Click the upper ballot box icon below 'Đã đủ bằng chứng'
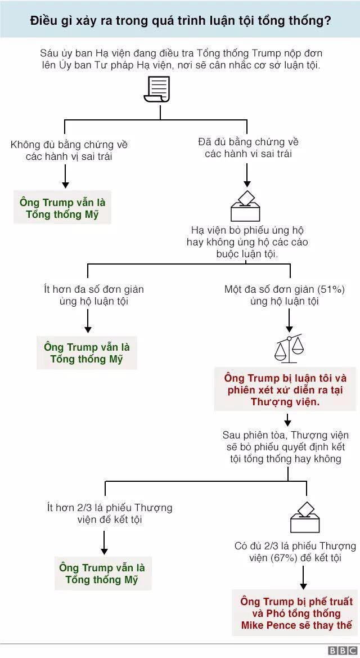click(246, 206)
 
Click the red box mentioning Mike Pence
click(296, 613)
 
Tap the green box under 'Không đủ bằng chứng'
click(62, 208)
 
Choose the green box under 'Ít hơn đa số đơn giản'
click(87, 353)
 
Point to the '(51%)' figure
click(331, 289)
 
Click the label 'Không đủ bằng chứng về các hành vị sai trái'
click(69, 150)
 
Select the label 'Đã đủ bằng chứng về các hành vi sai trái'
click(248, 147)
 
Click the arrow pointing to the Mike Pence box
click(304, 577)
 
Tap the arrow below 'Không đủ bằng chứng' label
click(65, 176)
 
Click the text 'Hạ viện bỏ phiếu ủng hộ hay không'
click(247, 242)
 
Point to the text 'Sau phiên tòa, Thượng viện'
click(285, 435)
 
